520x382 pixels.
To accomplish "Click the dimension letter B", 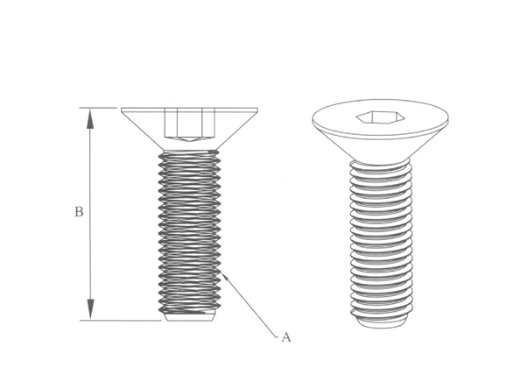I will click(x=79, y=212).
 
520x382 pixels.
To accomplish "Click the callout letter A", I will click(x=285, y=336).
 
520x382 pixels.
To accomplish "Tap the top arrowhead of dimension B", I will click(x=90, y=117).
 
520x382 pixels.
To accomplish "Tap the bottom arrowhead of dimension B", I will click(x=90, y=310).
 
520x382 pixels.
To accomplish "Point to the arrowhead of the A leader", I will click(x=225, y=276).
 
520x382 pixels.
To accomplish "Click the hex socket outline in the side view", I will click(x=188, y=122).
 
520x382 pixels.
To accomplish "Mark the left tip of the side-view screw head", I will click(x=123, y=110).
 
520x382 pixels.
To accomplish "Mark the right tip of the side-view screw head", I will click(x=256, y=110).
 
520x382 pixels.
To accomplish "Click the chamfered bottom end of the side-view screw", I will click(x=189, y=316).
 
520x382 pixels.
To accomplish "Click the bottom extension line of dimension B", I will click(x=123, y=320).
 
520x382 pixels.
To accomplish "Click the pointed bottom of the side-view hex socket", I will click(x=188, y=139).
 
